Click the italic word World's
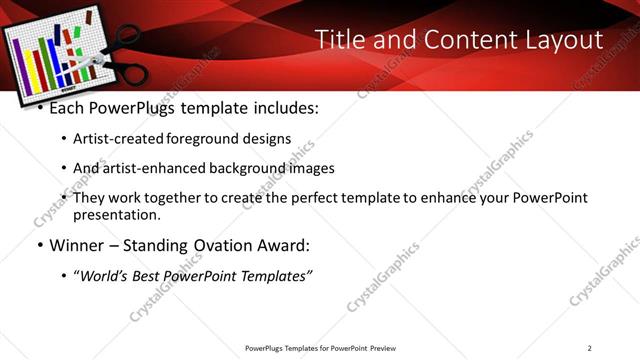106,275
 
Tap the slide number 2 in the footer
589,348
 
